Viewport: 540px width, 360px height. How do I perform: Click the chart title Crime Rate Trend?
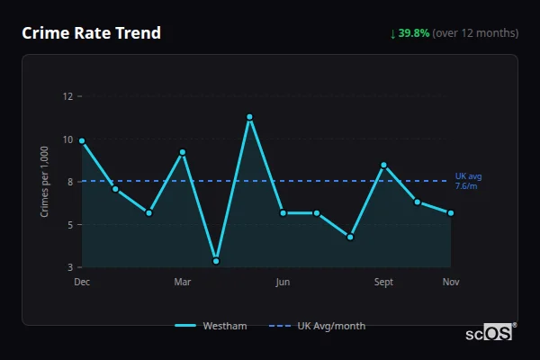point(92,33)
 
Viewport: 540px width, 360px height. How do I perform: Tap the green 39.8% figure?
point(414,33)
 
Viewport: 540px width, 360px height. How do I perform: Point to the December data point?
point(82,140)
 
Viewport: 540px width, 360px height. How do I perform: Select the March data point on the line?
point(183,152)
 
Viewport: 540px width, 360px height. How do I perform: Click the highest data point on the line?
point(249,117)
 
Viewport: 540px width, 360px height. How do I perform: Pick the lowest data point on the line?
point(216,261)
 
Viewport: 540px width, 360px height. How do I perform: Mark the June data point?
point(283,213)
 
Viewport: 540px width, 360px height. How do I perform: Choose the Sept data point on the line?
point(383,165)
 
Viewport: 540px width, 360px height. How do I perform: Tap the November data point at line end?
point(451,213)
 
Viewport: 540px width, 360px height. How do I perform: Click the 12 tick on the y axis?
point(67,96)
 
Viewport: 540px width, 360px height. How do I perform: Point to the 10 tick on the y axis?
point(67,139)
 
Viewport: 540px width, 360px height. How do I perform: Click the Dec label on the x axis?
point(82,283)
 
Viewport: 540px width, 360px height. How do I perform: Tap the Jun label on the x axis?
point(283,283)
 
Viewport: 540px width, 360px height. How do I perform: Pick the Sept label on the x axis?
point(383,283)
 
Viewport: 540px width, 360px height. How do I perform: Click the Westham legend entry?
point(211,326)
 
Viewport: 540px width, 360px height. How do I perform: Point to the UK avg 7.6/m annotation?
point(468,181)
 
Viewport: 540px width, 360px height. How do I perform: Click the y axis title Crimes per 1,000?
point(45,181)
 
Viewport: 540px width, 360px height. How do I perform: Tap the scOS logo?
point(490,333)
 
